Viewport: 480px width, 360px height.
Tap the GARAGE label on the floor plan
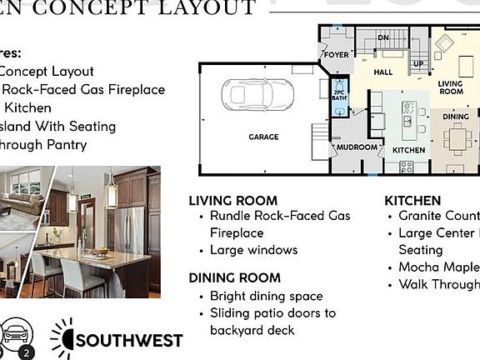coord(262,137)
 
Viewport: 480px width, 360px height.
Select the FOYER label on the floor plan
coord(337,56)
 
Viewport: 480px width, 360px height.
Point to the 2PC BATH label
coord(339,94)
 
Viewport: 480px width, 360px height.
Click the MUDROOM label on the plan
coord(357,147)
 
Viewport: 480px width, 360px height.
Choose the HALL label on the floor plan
coord(382,72)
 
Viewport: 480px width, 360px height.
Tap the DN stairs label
coord(383,38)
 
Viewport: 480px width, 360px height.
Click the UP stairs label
coord(418,63)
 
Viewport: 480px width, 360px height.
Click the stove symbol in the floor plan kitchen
coord(406,166)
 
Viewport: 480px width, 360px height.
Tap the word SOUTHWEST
coord(129,340)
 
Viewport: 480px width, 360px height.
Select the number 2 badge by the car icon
coord(27,352)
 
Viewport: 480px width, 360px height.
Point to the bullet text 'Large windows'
coord(253,250)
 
